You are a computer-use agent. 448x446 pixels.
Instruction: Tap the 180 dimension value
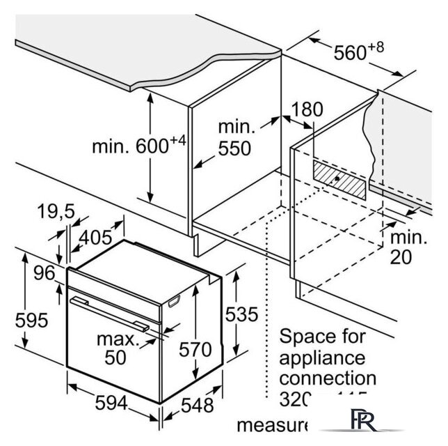pos(308,109)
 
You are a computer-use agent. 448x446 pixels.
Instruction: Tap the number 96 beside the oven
pos(44,274)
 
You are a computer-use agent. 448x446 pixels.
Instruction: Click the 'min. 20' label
pos(408,247)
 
